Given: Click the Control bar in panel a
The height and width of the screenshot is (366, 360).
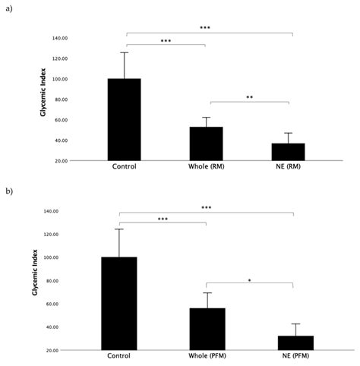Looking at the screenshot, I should point(124,119).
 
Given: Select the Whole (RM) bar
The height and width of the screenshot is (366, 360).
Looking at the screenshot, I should point(205,144).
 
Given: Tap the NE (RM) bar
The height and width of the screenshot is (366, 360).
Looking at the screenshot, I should point(288,152).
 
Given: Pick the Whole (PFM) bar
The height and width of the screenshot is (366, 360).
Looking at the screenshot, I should point(207,329).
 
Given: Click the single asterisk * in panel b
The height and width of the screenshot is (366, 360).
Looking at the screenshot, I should point(250,280).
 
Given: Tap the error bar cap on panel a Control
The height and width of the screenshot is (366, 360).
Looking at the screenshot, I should point(124,52).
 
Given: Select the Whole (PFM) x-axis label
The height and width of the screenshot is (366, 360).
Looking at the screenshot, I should point(207,357).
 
